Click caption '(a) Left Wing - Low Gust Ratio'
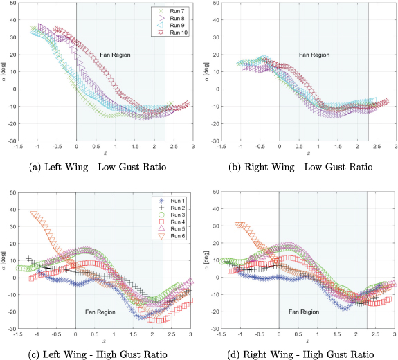click(100, 167)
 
